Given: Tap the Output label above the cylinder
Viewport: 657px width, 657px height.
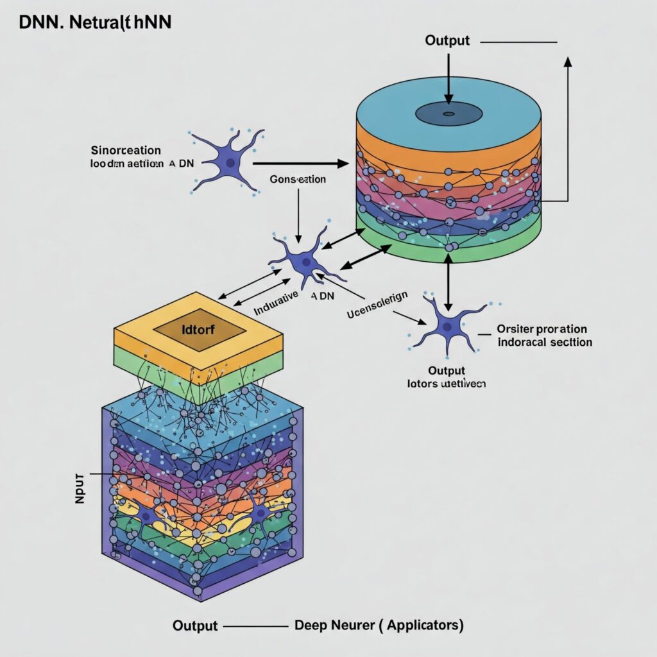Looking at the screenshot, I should (x=447, y=40).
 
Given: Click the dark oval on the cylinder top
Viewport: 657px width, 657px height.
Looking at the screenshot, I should (x=448, y=114).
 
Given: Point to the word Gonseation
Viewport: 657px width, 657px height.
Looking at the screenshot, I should (x=298, y=180).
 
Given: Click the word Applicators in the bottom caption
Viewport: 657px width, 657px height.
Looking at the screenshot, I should (x=425, y=625).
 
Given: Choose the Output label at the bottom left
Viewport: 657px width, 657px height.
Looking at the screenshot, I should (x=195, y=626).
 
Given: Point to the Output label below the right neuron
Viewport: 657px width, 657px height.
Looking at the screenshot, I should (x=447, y=371).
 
